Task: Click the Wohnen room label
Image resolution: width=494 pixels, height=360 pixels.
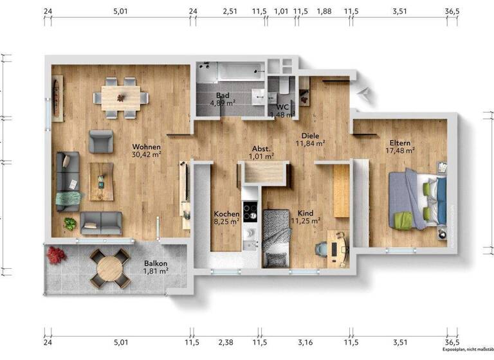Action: (146, 147)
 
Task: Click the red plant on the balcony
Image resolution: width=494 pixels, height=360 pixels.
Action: (57, 255)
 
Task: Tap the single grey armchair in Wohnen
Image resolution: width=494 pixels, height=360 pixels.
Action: (100, 141)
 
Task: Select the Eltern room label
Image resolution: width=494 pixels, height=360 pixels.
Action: (399, 143)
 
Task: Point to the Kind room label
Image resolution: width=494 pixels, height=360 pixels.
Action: (306, 214)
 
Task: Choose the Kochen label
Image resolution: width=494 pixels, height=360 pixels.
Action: (226, 214)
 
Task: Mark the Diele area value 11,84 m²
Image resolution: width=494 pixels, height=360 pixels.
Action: (310, 144)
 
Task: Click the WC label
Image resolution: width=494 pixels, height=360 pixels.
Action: (282, 107)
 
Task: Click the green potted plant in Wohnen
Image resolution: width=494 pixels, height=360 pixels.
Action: (69, 224)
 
